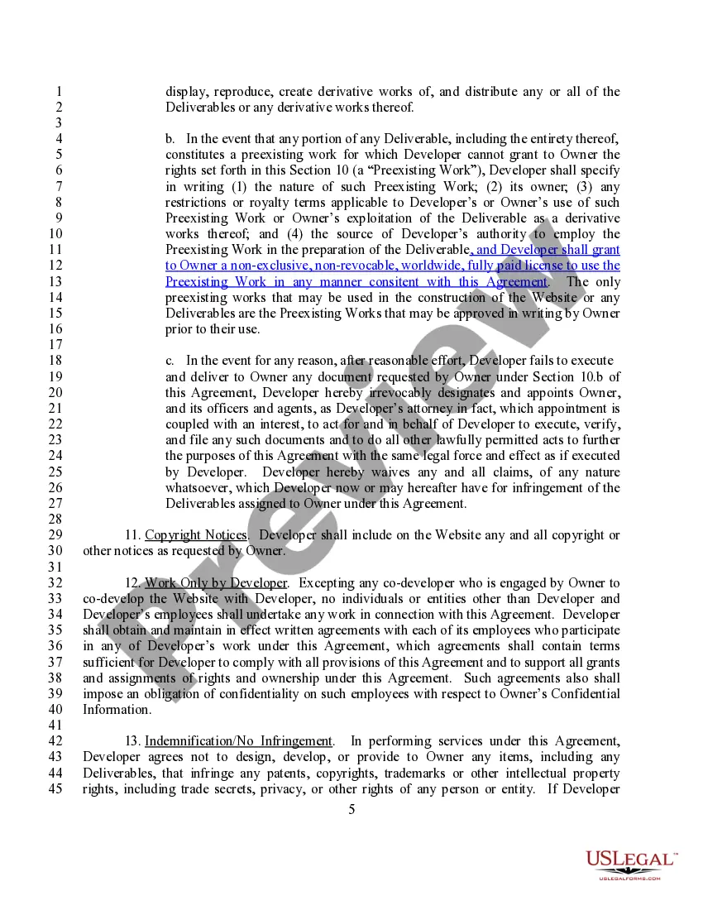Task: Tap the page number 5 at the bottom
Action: [x=351, y=808]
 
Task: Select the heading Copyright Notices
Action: [x=196, y=535]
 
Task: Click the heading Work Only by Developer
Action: [x=216, y=583]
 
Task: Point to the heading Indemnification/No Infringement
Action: [x=239, y=741]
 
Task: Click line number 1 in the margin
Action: [x=57, y=92]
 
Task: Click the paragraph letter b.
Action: [x=170, y=139]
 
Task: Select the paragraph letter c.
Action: [x=170, y=361]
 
